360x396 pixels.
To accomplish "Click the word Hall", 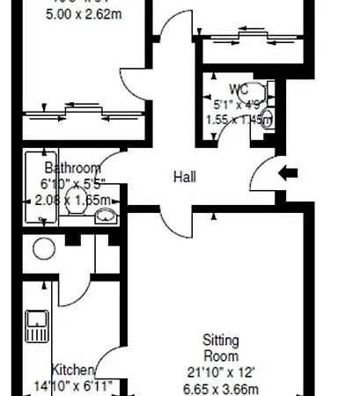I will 184,177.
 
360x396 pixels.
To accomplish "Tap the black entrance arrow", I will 288,173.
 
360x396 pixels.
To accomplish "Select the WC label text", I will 239,90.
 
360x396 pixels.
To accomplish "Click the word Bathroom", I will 72,167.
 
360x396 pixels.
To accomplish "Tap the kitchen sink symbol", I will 38,326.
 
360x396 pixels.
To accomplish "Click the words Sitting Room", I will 221,348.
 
